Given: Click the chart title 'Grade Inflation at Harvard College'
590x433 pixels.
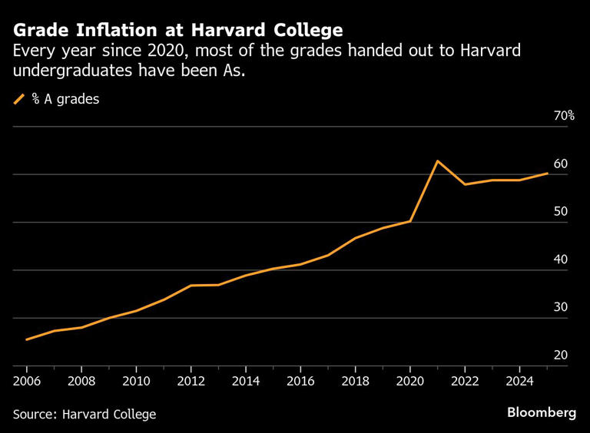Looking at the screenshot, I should click(x=177, y=30).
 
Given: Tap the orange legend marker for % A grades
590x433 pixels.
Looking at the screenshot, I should click(x=19, y=99).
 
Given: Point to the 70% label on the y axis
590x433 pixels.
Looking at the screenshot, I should click(x=563, y=116).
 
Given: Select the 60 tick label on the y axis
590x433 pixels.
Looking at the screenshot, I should click(x=560, y=164).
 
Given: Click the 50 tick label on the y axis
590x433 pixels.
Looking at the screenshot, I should click(x=560, y=212).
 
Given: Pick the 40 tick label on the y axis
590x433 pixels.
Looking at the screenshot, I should click(x=560, y=259).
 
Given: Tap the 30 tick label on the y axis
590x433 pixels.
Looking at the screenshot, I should click(x=560, y=307).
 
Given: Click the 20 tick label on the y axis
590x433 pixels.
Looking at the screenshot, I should click(x=560, y=355).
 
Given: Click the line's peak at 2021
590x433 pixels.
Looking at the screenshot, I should click(x=437, y=161).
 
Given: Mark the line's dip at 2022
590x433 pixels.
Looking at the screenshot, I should click(x=464, y=184).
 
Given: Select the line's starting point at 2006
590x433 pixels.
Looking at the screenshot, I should click(x=27, y=339).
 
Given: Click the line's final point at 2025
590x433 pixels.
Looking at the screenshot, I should click(x=547, y=174).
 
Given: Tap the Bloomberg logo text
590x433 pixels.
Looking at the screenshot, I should click(x=541, y=412).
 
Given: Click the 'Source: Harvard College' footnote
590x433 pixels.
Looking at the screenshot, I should click(x=85, y=415).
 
